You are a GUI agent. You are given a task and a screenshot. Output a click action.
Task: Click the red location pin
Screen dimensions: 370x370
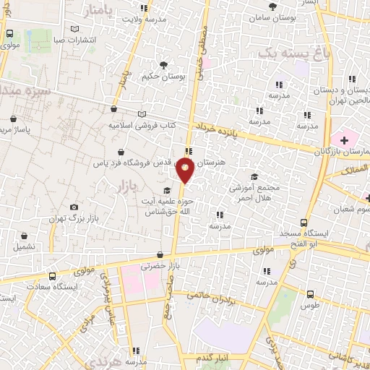(186, 171)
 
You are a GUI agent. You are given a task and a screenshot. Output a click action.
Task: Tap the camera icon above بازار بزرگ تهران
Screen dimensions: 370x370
(74, 207)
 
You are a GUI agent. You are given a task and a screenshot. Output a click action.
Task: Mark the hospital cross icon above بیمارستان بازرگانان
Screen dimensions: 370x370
(344, 138)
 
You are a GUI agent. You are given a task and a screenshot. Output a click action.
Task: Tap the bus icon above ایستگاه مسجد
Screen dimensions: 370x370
(304, 223)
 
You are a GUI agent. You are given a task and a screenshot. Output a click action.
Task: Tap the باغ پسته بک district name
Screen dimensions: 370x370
(289, 52)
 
